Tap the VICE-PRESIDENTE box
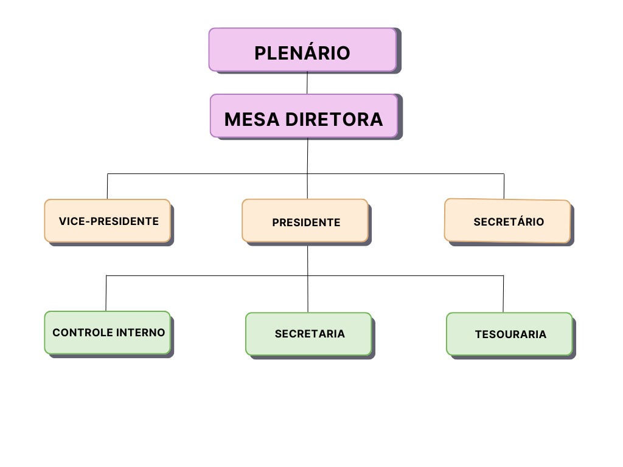tap(107, 221)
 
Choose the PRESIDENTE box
tap(305, 221)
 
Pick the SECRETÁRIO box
tap(507, 221)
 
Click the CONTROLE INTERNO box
tap(107, 333)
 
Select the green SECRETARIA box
tap(308, 334)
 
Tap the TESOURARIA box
tap(509, 334)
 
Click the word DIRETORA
tap(335, 119)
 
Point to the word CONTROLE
tap(83, 333)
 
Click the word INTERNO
tap(141, 333)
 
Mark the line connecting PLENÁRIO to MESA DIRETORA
tap(307, 83)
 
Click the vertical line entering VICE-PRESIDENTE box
tap(107, 187)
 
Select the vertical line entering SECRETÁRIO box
tap(504, 186)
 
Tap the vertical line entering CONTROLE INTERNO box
tap(106, 293)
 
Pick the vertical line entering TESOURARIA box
tap(503, 294)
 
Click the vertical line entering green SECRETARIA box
tap(308, 294)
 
